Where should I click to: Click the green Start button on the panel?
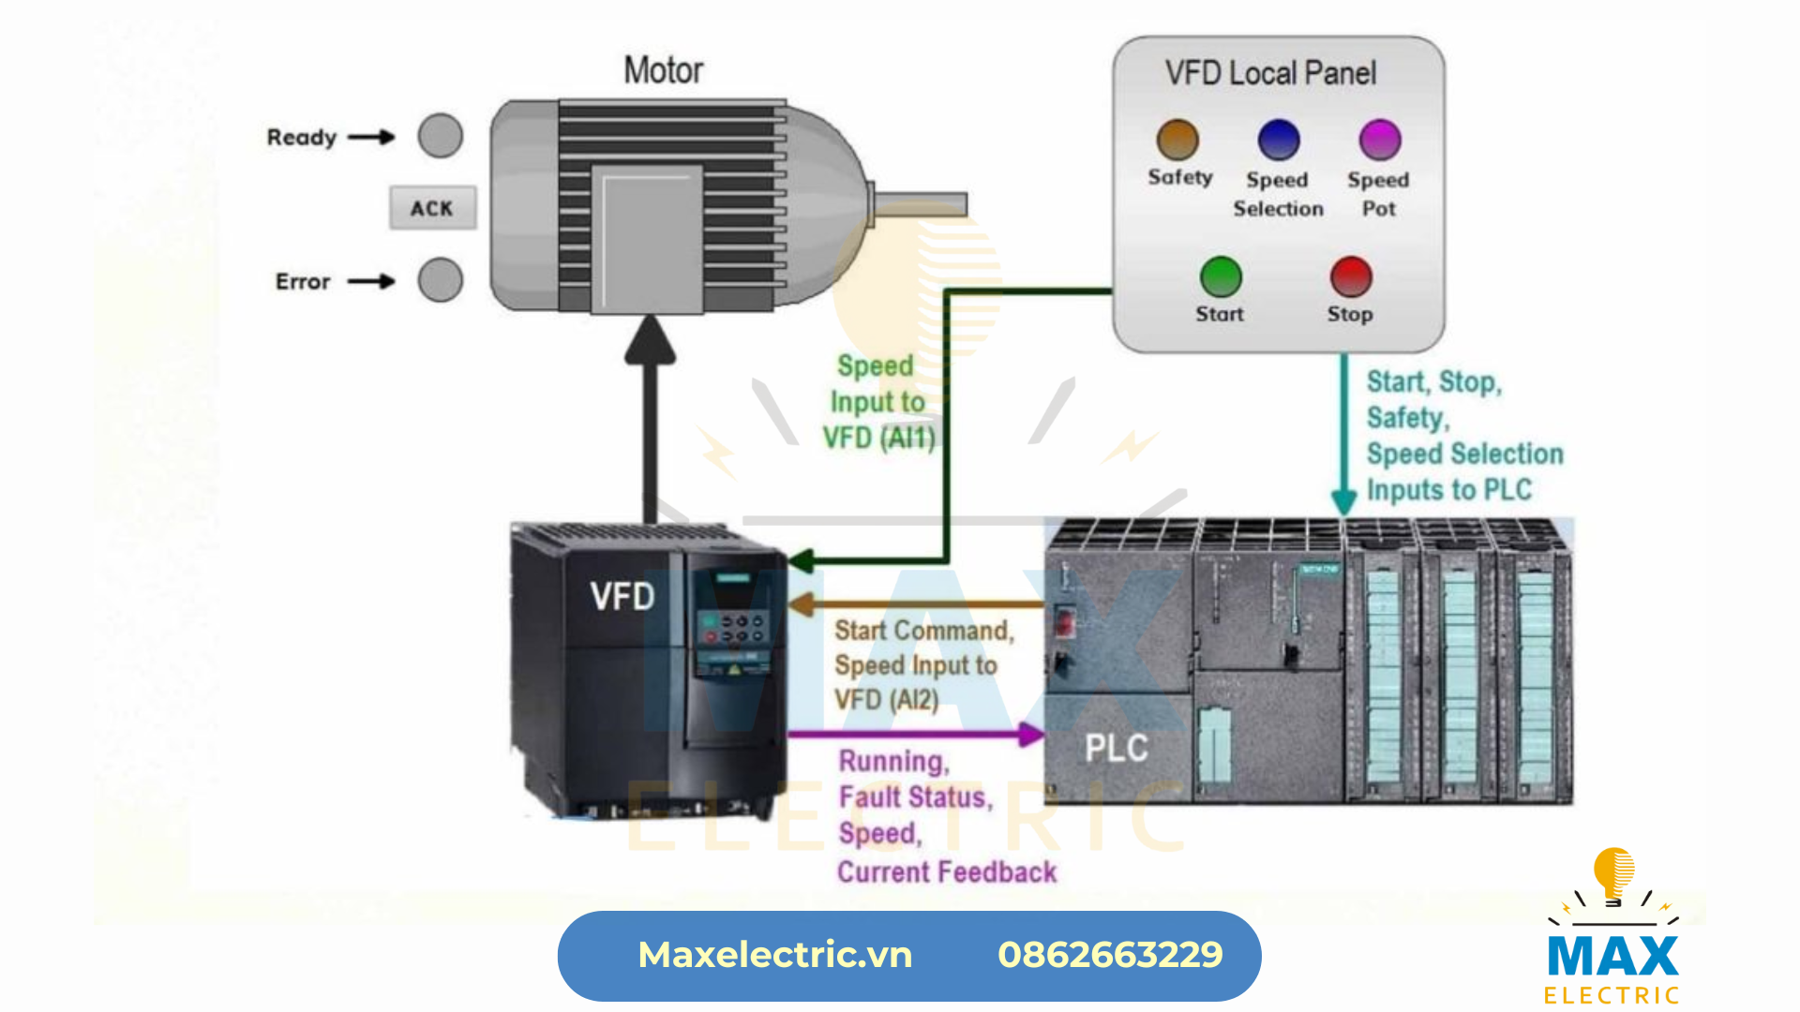1221,277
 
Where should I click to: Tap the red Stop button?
1351,277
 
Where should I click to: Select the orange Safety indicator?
1177,141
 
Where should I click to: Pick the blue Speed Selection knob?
1279,141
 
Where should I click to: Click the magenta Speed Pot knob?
1380,141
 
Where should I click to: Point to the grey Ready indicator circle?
441,137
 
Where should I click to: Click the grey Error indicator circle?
441,280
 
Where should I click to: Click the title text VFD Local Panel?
1270,73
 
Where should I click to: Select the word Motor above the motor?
664,70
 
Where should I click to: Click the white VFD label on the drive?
622,597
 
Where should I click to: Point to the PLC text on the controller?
1117,748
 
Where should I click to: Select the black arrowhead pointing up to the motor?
650,340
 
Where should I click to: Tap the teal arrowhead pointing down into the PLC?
1344,501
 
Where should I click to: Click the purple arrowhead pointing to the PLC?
1031,735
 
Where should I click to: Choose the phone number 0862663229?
1110,955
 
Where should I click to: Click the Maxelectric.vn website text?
774,955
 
